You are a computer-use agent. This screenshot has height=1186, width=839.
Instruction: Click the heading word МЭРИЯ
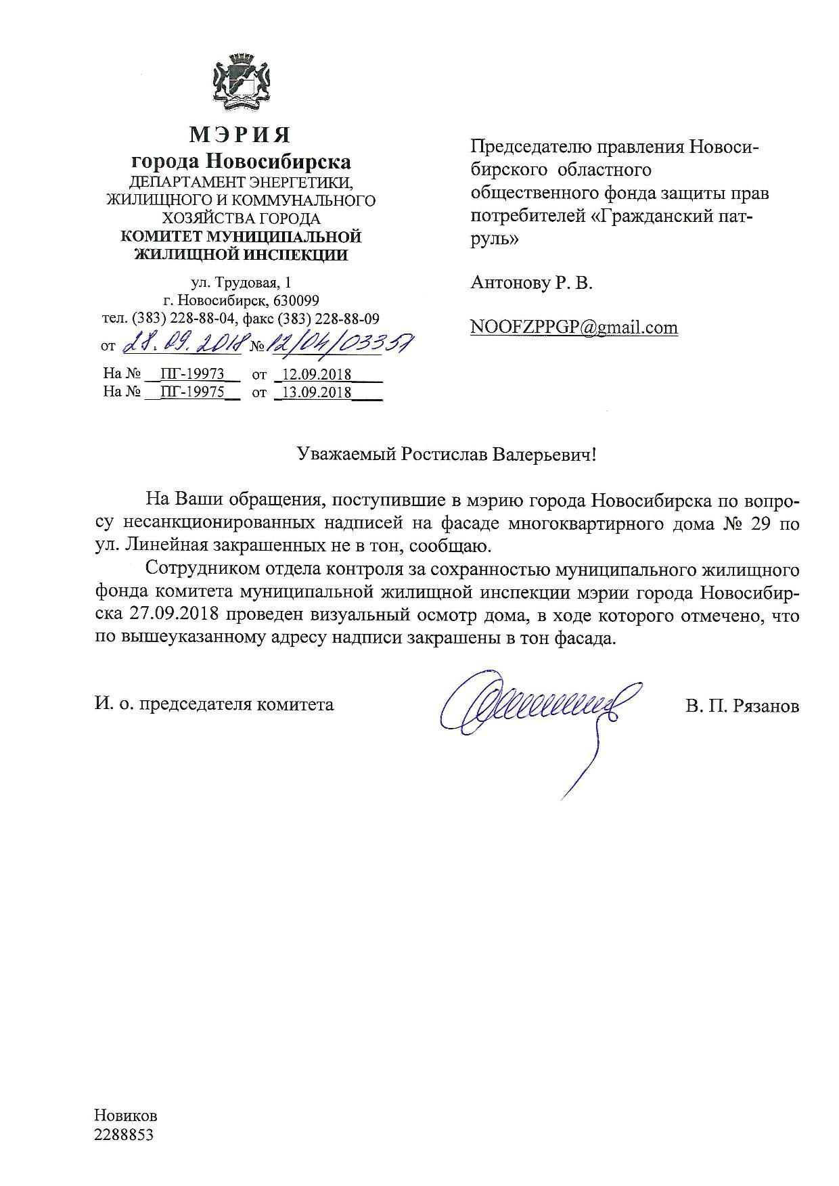pos(240,135)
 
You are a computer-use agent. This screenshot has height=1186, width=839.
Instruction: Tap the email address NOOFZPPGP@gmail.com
pos(574,327)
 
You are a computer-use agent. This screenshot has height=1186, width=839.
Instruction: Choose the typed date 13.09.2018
pos(316,392)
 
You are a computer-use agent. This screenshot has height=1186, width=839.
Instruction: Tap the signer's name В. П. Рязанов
pos(742,706)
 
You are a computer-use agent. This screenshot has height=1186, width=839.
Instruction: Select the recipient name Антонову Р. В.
pos(531,283)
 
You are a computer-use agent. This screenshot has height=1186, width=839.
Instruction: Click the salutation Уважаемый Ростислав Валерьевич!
pos(449,455)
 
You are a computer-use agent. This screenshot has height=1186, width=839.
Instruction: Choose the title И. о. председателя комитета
pos(214,704)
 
